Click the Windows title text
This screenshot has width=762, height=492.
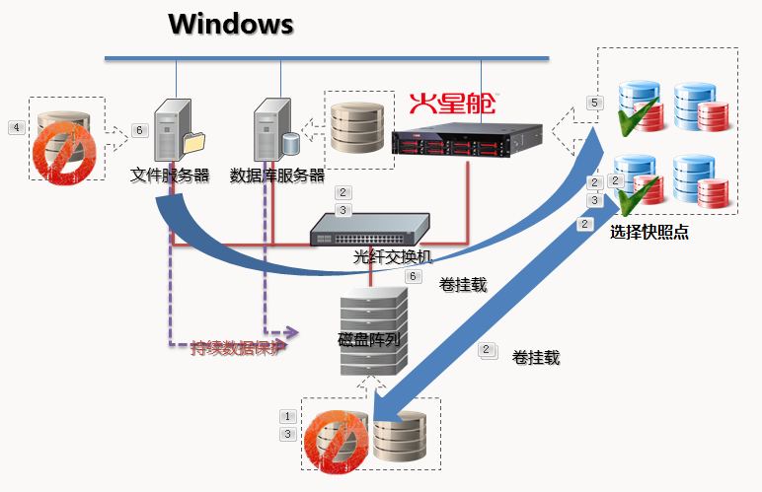(230, 24)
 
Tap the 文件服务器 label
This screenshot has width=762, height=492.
(170, 176)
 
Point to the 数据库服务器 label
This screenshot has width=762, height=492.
(276, 176)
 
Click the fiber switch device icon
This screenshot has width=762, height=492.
(369, 230)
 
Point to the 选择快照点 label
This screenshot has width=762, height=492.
(648, 233)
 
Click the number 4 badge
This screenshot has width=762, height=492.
(16, 127)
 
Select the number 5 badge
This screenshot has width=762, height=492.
(593, 103)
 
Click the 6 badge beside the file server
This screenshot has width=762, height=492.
(139, 129)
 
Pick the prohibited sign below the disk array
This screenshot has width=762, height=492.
(332, 443)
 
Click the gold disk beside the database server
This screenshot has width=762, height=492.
(353, 128)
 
